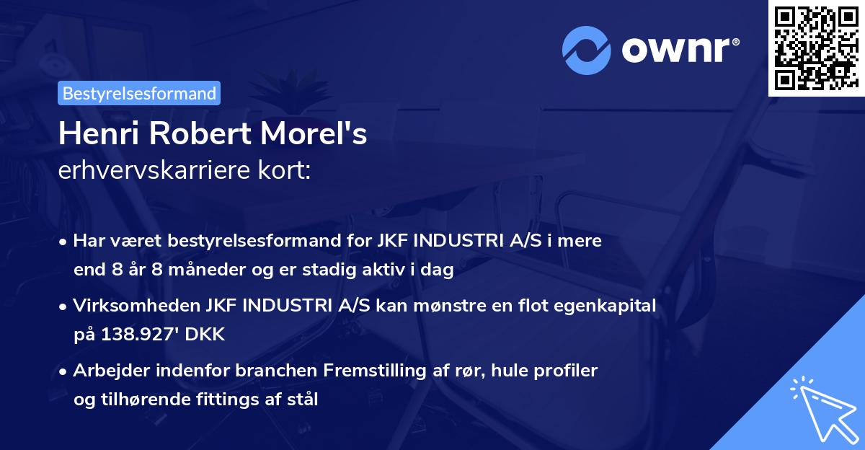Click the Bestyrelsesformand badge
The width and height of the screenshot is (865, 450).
click(139, 93)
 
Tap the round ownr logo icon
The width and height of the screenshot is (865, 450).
click(585, 51)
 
